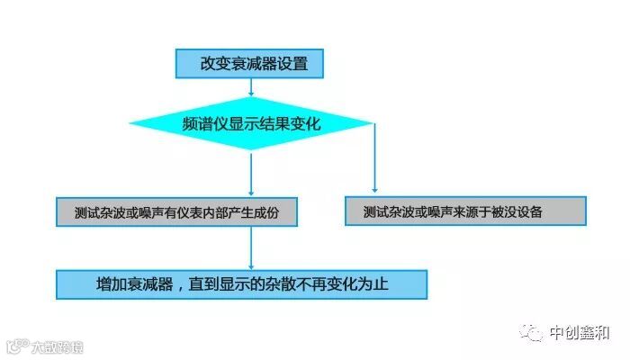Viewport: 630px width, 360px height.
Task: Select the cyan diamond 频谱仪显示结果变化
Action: click(251, 123)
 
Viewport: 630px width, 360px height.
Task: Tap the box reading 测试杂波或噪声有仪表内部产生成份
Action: click(175, 212)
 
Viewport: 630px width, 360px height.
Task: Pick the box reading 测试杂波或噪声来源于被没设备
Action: click(465, 211)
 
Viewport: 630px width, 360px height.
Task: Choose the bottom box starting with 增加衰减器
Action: click(241, 283)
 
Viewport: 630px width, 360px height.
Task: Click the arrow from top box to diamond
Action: click(251, 88)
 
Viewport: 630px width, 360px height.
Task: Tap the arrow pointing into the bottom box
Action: click(251, 247)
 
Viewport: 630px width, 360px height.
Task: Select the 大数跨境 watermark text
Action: click(56, 346)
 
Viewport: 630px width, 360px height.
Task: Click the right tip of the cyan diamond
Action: click(373, 123)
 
